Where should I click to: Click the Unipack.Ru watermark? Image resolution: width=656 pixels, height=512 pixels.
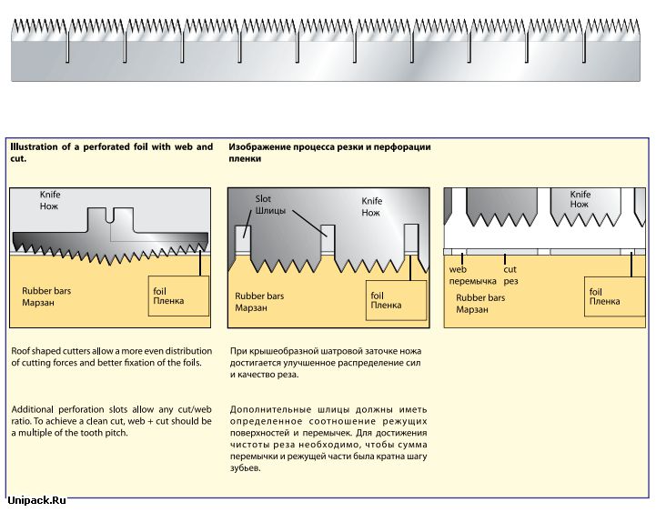point(36,499)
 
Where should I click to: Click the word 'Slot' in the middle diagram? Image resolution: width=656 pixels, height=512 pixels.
point(263,198)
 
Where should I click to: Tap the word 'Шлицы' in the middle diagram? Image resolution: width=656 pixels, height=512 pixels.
point(270,210)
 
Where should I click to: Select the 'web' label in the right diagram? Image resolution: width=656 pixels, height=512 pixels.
point(458,269)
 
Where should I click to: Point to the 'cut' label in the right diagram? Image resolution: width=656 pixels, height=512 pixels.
point(510,269)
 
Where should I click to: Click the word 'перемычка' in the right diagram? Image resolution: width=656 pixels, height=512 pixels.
point(473,281)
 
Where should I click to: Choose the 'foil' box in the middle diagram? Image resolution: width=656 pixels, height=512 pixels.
point(397,300)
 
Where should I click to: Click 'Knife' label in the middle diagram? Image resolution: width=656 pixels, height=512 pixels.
point(372,201)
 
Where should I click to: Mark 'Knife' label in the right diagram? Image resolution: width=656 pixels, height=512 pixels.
point(580,195)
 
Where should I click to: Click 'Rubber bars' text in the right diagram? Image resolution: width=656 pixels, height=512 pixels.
point(480,297)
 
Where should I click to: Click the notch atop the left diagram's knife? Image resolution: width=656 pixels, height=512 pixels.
point(109,216)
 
